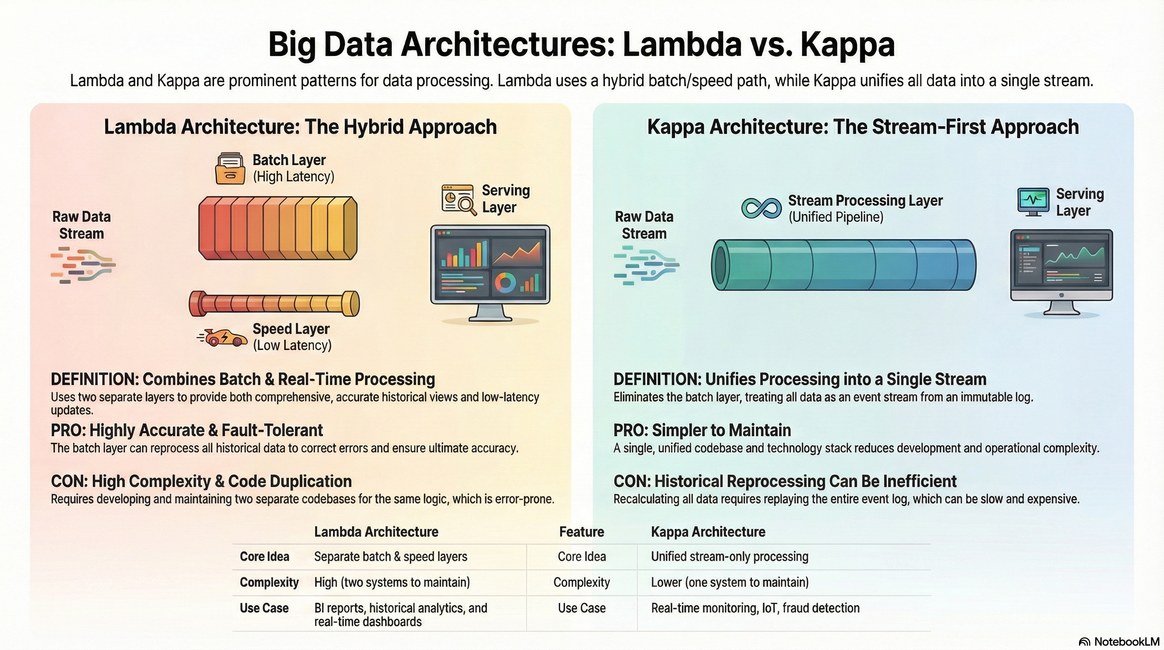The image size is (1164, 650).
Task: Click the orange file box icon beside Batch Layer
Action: [231, 168]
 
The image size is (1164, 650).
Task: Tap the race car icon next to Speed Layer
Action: [224, 337]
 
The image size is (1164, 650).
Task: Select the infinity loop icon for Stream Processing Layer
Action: [761, 208]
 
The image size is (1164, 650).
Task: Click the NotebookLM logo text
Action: [1126, 642]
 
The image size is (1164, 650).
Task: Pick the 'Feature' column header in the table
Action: [582, 532]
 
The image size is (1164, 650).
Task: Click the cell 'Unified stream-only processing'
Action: [729, 556]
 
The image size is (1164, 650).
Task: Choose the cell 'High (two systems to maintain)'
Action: [392, 582]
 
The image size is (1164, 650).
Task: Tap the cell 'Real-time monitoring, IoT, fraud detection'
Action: [755, 608]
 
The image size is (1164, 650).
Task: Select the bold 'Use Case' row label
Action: [264, 608]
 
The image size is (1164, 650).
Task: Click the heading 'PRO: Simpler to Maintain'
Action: [702, 430]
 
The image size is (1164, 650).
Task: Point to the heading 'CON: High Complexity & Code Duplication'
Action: [201, 481]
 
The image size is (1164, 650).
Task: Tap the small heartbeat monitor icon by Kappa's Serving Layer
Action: [1033, 201]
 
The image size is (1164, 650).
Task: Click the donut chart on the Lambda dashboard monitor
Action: [505, 283]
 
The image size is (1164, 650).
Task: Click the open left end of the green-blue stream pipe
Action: [719, 265]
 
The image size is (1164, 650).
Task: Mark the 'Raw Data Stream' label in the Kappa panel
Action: [644, 225]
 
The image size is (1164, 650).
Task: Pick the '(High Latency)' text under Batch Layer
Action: [293, 176]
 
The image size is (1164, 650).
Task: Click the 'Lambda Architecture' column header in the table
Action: [376, 532]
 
